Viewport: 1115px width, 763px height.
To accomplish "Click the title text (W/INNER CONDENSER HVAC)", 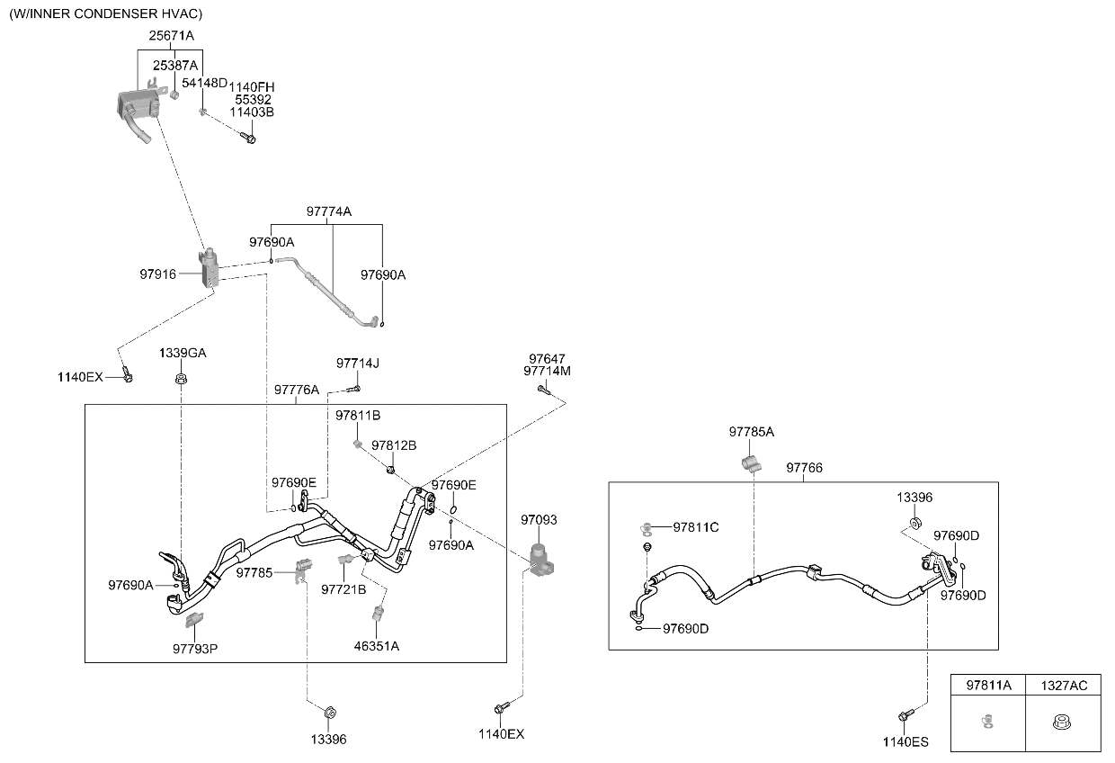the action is coord(106,13).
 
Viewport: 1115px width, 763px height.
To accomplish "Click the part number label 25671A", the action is coord(171,36).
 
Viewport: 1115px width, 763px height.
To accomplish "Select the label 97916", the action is coord(157,274).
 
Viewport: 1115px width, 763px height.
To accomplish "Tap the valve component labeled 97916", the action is coord(209,268).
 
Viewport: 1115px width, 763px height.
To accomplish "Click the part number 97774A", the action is coord(328,211).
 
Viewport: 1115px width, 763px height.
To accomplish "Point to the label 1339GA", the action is coord(183,353).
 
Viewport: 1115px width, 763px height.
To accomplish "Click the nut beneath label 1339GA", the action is coord(182,379).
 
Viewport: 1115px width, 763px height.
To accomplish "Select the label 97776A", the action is coord(297,390).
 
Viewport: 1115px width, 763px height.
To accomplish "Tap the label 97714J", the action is coord(357,364).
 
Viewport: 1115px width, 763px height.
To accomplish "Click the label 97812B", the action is coord(394,445).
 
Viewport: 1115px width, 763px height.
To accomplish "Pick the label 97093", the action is coord(539,520).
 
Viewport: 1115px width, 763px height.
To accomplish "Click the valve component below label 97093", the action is coord(540,561).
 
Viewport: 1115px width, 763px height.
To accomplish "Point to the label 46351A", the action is coord(376,646).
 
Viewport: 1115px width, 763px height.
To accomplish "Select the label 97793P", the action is coord(195,649).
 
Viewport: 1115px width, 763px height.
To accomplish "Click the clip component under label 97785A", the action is coord(751,464).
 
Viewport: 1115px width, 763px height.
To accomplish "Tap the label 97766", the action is coord(805,468).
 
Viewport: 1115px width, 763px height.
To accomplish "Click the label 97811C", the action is coord(696,527).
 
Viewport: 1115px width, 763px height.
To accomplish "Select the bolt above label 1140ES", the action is coord(905,715).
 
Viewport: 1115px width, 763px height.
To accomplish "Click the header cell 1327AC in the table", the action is coord(1064,686).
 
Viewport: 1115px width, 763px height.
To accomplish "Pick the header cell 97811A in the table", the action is coord(988,686).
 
